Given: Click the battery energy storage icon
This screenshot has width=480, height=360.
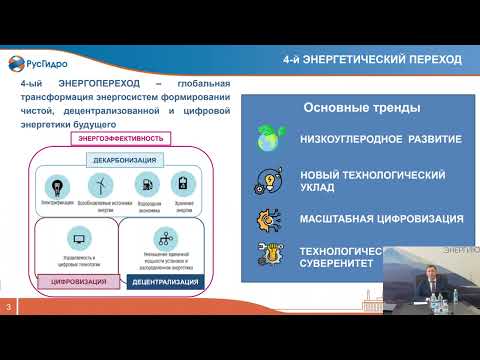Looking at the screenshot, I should pyautogui.click(x=182, y=184).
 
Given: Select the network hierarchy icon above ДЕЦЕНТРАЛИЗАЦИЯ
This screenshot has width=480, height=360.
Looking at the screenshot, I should pyautogui.click(x=164, y=238).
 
